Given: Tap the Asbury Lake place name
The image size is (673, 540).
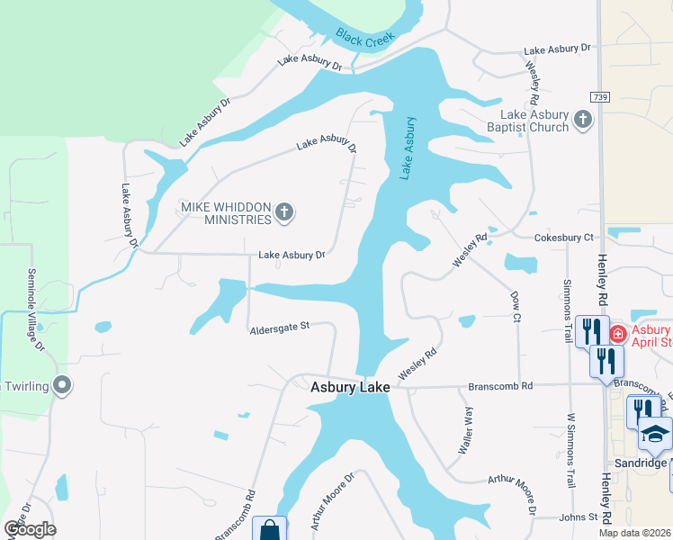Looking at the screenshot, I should click(350, 387).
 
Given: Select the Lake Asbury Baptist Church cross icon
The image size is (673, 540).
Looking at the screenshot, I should click(583, 119).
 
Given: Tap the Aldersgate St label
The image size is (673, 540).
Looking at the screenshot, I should click(279, 327).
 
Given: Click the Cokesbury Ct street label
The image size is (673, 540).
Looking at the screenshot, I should click(564, 238).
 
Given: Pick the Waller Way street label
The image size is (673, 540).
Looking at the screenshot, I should click(468, 428).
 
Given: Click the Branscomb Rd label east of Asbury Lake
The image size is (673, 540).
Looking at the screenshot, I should click(500, 386).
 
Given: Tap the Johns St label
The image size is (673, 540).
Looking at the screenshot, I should click(579, 517).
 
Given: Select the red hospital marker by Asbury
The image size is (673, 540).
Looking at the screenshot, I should click(618, 335).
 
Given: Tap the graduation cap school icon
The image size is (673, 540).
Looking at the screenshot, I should click(656, 435).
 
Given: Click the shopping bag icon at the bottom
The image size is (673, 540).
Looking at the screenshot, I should click(269, 530).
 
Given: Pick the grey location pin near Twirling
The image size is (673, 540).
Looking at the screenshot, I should click(62, 386).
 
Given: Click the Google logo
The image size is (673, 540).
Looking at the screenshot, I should click(29, 528).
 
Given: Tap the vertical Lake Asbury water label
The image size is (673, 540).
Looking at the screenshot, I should click(408, 148).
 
